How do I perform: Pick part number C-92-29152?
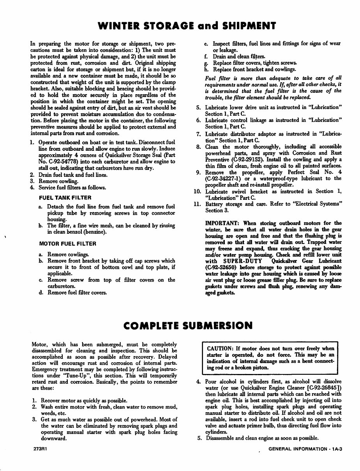(252, 159)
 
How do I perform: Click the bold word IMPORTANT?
(222, 223)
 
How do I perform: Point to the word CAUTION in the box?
(221, 349)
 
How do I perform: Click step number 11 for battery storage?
(197, 204)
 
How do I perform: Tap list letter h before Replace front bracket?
(206, 69)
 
